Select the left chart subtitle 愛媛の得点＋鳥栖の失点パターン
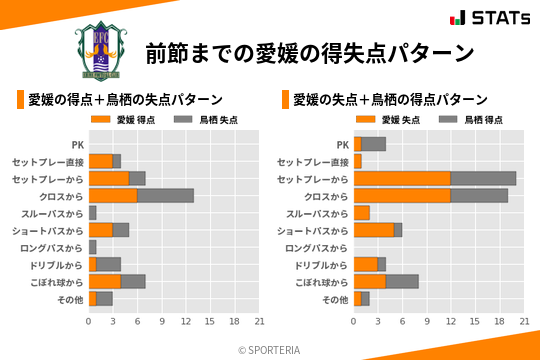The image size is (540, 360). coord(125,100)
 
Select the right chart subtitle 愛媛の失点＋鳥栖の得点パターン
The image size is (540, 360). coord(390,100)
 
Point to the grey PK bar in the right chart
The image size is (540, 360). coord(374,144)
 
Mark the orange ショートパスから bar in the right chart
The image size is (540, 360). coord(374,230)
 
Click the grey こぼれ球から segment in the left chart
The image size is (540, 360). coord(133,282)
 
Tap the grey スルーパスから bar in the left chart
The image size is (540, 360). coord(93,213)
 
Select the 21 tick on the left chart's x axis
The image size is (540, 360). coord(259,321)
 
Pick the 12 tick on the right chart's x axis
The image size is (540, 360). coord(451,321)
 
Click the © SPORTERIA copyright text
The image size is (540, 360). coord(270,349)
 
